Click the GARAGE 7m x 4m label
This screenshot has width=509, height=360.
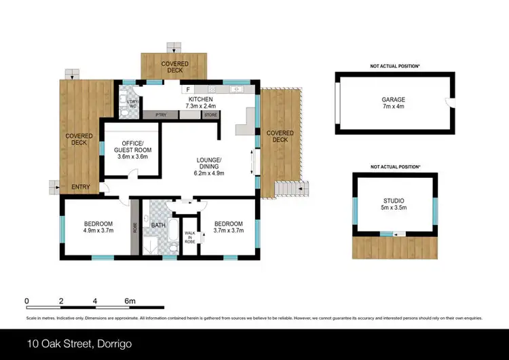point(393,103)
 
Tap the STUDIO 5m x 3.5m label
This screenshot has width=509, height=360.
point(393,204)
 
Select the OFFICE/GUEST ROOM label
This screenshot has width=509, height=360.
point(132,149)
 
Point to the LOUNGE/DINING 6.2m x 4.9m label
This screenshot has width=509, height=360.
point(209,166)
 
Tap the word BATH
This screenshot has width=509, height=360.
point(158,225)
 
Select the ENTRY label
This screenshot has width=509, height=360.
point(80,187)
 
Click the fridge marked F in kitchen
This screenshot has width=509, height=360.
point(187,90)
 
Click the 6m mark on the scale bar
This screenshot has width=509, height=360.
point(130,301)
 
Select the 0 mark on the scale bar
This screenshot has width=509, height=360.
point(26,301)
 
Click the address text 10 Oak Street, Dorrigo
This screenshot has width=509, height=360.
point(80,344)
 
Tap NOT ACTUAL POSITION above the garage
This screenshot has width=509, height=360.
point(394,66)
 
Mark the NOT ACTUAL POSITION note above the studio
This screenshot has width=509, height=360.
point(394,166)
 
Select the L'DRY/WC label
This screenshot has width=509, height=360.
point(126,101)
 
